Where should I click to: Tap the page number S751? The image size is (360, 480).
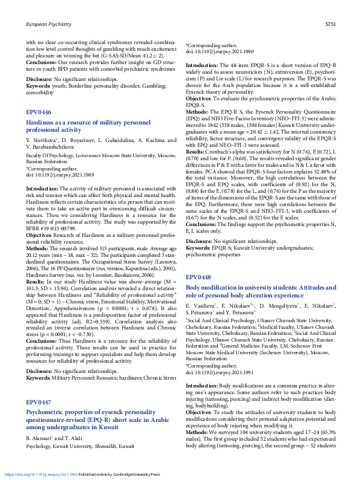[x=330, y=25]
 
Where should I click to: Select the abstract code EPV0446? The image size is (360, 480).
[x=38, y=112]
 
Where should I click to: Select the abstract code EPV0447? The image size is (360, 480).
[x=38, y=402]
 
